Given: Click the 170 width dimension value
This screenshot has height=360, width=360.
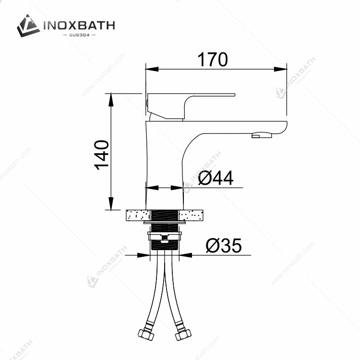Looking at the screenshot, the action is (x=213, y=60).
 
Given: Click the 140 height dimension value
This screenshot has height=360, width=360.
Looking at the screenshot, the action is (x=102, y=155).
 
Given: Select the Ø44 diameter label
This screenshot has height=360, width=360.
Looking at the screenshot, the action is (x=216, y=178).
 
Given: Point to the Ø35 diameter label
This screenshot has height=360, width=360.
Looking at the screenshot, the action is (x=224, y=245).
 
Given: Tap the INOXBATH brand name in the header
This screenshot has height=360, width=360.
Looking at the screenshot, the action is (x=79, y=25).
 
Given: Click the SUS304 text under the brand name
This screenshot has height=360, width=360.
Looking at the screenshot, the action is (x=79, y=35).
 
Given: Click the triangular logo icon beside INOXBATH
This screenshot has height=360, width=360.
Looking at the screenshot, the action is (x=28, y=25).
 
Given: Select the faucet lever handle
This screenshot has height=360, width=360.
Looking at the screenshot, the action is (x=191, y=106).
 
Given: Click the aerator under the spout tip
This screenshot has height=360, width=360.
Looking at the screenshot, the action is (x=262, y=135).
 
